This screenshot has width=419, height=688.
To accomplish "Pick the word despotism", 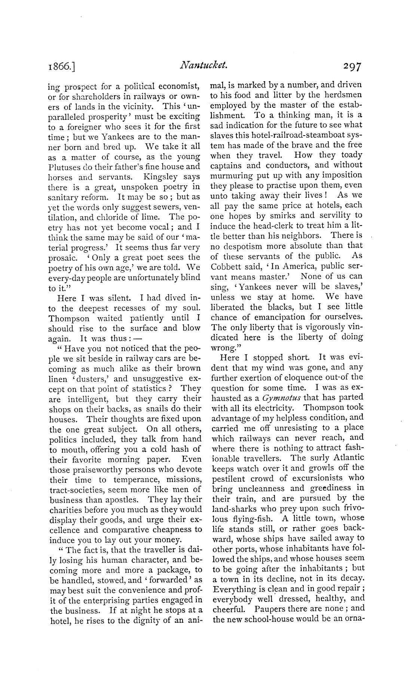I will click(241, 246).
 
